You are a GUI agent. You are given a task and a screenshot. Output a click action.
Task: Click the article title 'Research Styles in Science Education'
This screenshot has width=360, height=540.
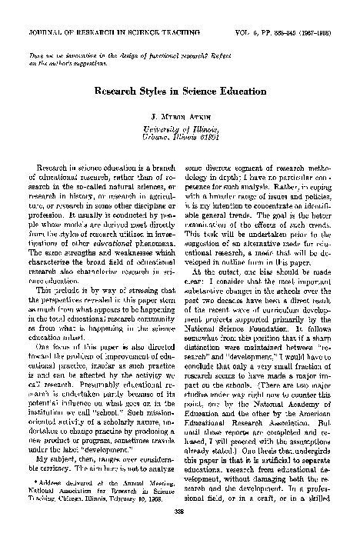(x=179, y=90)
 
